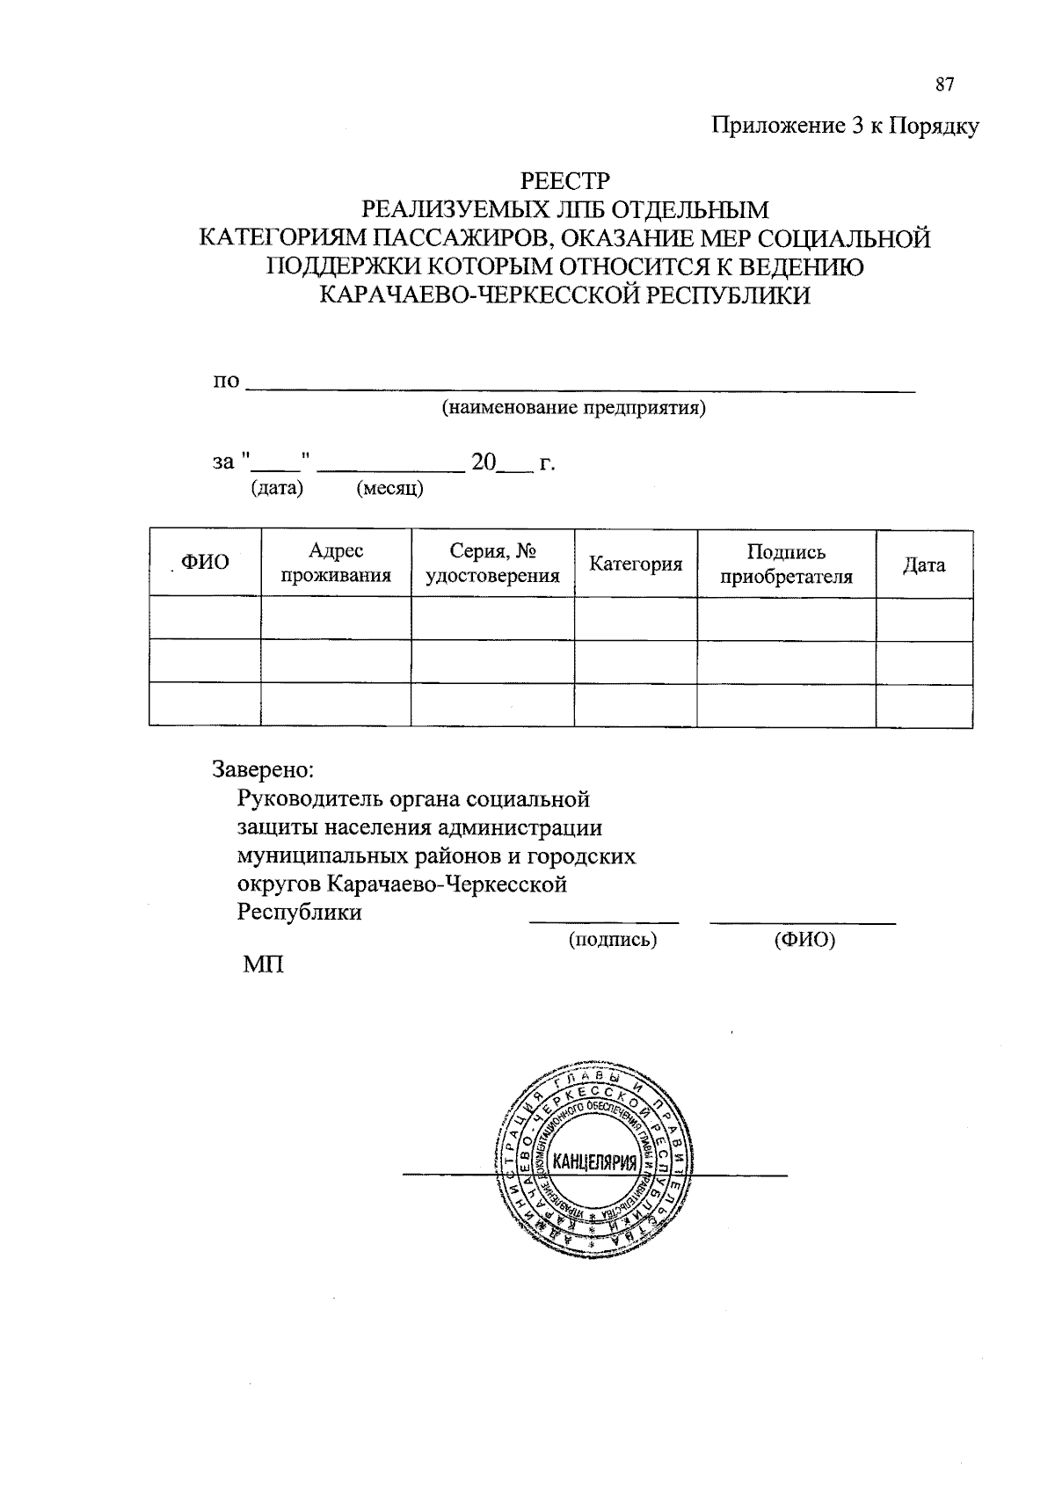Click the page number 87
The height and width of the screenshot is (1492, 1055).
[x=944, y=85]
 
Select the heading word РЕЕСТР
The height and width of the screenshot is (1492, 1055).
[x=564, y=181]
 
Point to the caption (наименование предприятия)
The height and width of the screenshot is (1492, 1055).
[x=573, y=408]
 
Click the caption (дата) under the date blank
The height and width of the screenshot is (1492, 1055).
[x=277, y=488]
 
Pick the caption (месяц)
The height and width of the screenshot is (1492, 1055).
[x=389, y=489]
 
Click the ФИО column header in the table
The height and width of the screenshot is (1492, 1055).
[x=205, y=564]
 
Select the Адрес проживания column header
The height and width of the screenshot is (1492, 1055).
[x=335, y=564]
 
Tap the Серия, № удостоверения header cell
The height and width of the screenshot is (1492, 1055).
[x=492, y=564]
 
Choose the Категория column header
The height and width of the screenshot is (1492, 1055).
[x=636, y=564]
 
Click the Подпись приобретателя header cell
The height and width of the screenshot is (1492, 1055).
[x=786, y=564]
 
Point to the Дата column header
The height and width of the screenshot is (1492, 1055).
[x=924, y=564]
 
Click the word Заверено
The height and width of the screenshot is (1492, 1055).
[x=263, y=769]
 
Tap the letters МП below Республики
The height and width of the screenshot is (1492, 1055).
[x=263, y=964]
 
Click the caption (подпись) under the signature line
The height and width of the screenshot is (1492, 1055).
[x=613, y=940]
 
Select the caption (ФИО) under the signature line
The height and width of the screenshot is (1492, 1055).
[x=804, y=940]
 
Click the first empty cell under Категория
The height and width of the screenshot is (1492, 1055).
[x=636, y=618]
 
